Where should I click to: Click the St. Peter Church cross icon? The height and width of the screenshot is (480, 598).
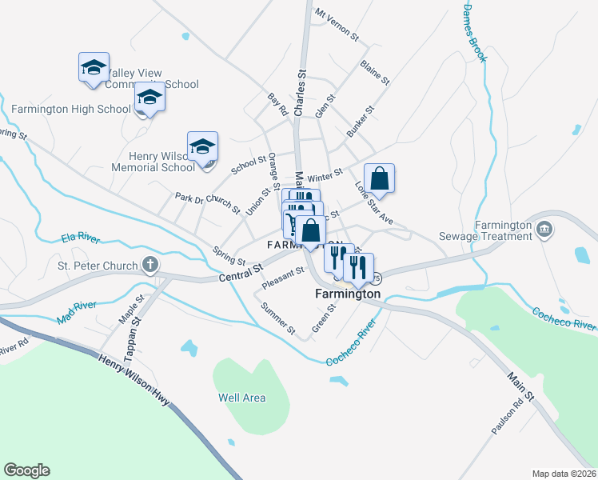149,265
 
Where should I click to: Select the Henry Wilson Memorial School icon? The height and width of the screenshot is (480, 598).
203,147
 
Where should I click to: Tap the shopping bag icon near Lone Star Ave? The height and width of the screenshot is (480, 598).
380,179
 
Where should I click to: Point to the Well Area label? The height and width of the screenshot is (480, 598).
241,398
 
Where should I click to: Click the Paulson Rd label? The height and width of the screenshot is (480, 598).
507,416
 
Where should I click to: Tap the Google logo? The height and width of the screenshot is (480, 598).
27,470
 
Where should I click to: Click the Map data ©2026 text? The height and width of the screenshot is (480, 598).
564,473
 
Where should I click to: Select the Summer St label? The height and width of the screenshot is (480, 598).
279,318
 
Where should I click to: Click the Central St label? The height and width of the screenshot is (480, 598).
240,274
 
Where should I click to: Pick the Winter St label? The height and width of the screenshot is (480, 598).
325,175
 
